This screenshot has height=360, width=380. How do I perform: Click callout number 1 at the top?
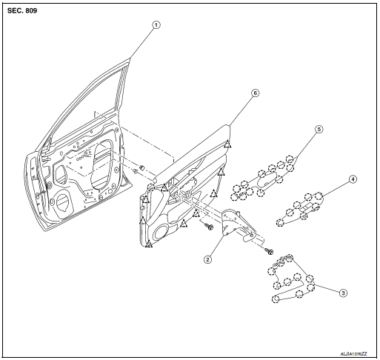pos(156,24)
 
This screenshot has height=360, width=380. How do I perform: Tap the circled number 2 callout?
pos(209,259)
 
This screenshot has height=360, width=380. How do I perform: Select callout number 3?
pos(343,293)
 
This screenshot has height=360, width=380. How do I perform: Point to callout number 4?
pos(353,179)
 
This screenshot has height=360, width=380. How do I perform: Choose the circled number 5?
pos(318,128)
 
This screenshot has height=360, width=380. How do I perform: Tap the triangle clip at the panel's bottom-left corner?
pos(149,244)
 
